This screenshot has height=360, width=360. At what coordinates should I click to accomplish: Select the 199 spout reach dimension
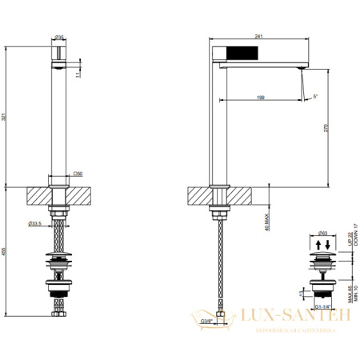(260, 97)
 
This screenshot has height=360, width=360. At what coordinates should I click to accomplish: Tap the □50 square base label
(78, 173)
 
